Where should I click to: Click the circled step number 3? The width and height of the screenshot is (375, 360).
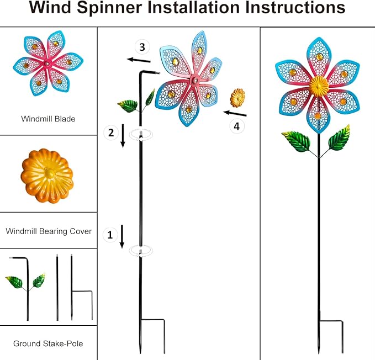point(142,46)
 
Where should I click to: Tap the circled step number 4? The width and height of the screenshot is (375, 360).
point(237,126)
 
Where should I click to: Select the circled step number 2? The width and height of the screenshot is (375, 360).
point(111,132)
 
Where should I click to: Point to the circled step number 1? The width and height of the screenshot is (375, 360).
point(110,235)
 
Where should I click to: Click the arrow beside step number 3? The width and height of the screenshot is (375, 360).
point(139,60)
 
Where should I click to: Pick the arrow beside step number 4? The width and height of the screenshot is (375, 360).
point(235,113)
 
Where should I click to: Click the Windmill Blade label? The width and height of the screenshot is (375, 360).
point(48,119)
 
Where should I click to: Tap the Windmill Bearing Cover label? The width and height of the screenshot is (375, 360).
point(49,231)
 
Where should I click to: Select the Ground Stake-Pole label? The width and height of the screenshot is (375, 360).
point(48,343)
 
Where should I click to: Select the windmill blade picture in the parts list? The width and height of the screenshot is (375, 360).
point(47,64)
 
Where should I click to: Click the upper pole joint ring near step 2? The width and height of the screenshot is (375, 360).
point(141,134)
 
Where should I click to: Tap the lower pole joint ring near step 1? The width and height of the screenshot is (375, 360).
point(141,251)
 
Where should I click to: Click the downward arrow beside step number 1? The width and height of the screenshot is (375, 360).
point(122,236)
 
